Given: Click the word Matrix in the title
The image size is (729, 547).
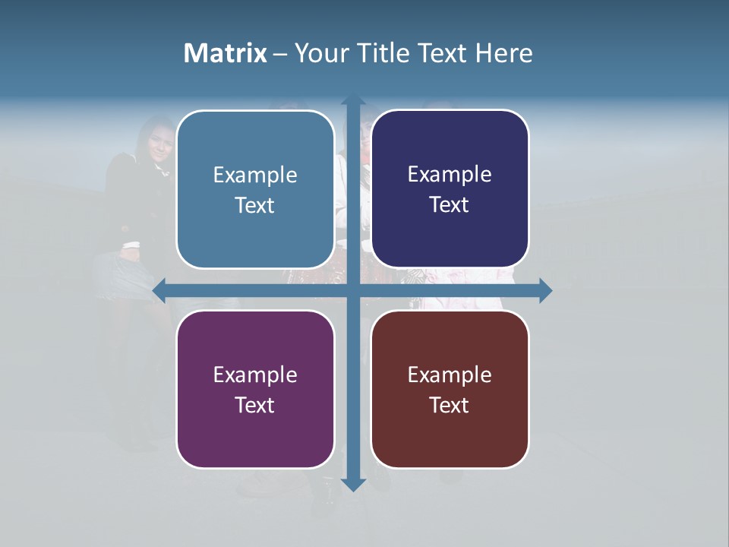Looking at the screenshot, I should pos(226,53).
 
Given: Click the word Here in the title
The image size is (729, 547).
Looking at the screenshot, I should pos(504,53).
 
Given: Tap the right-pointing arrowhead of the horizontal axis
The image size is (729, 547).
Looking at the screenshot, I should pos(544,290).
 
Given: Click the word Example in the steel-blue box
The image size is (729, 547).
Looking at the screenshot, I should pos(255,175).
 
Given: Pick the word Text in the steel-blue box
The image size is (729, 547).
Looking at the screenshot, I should pos(255,206).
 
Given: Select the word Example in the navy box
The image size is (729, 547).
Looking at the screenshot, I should pos(450,175).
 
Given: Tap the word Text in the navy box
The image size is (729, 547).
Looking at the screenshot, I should pos(450,205).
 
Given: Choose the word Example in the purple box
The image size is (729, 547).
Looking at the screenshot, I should pos(255,375).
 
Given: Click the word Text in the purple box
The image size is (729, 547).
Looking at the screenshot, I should pos(255,406).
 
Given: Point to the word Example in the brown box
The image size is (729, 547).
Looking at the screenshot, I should pos(450,375).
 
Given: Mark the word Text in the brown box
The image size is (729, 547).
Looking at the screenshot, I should pos(450,406).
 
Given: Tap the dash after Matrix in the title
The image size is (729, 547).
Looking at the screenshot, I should pos(280,54).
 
